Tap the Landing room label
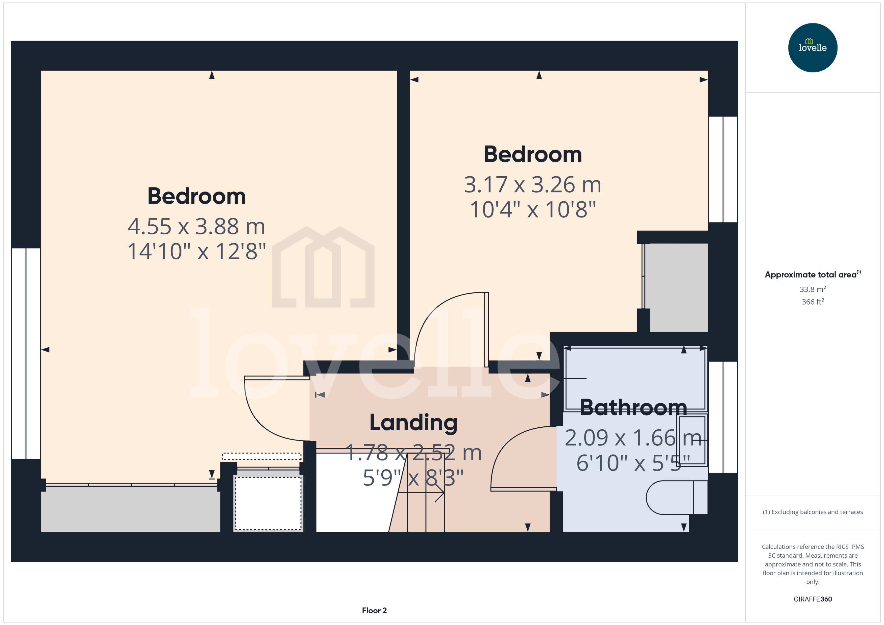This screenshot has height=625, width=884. (413, 423)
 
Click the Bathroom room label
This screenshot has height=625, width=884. (633, 407)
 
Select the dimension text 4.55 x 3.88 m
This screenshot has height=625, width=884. (197, 226)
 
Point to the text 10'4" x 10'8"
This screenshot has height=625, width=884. (533, 210)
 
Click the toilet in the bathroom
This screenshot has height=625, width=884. (676, 497)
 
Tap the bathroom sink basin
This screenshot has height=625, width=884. (692, 440)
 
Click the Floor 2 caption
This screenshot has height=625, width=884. (374, 610)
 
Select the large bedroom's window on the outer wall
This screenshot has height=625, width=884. (26, 353)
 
